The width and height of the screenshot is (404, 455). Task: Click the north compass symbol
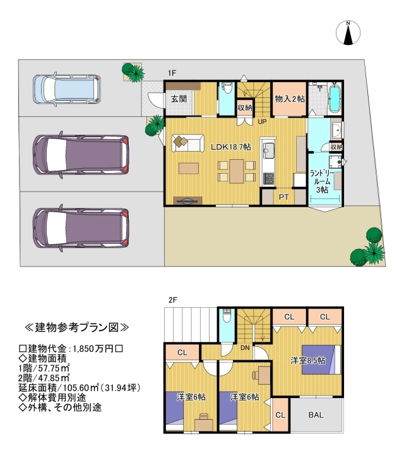[348, 32]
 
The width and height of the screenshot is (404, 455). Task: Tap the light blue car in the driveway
[67, 88]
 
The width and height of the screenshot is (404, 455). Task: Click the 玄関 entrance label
[179, 99]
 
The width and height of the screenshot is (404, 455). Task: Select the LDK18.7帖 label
[230, 147]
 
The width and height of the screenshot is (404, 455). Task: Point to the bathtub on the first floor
[335, 99]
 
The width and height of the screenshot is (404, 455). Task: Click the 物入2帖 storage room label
[290, 99]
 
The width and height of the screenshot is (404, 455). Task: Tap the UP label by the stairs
[262, 122]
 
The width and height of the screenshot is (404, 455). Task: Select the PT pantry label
[283, 197]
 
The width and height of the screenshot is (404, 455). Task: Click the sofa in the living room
[188, 143]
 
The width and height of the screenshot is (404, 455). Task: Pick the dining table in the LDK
[237, 171]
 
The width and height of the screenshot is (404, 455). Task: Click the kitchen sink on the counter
[268, 150]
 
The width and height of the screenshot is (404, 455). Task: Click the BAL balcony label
[316, 415]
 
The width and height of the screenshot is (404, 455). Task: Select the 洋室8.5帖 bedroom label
[308, 360]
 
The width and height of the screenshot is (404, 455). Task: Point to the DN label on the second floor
[245, 348]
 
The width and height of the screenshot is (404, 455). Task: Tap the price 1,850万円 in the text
[93, 348]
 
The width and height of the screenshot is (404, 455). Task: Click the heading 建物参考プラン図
[77, 327]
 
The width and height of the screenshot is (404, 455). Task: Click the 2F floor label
[173, 300]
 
